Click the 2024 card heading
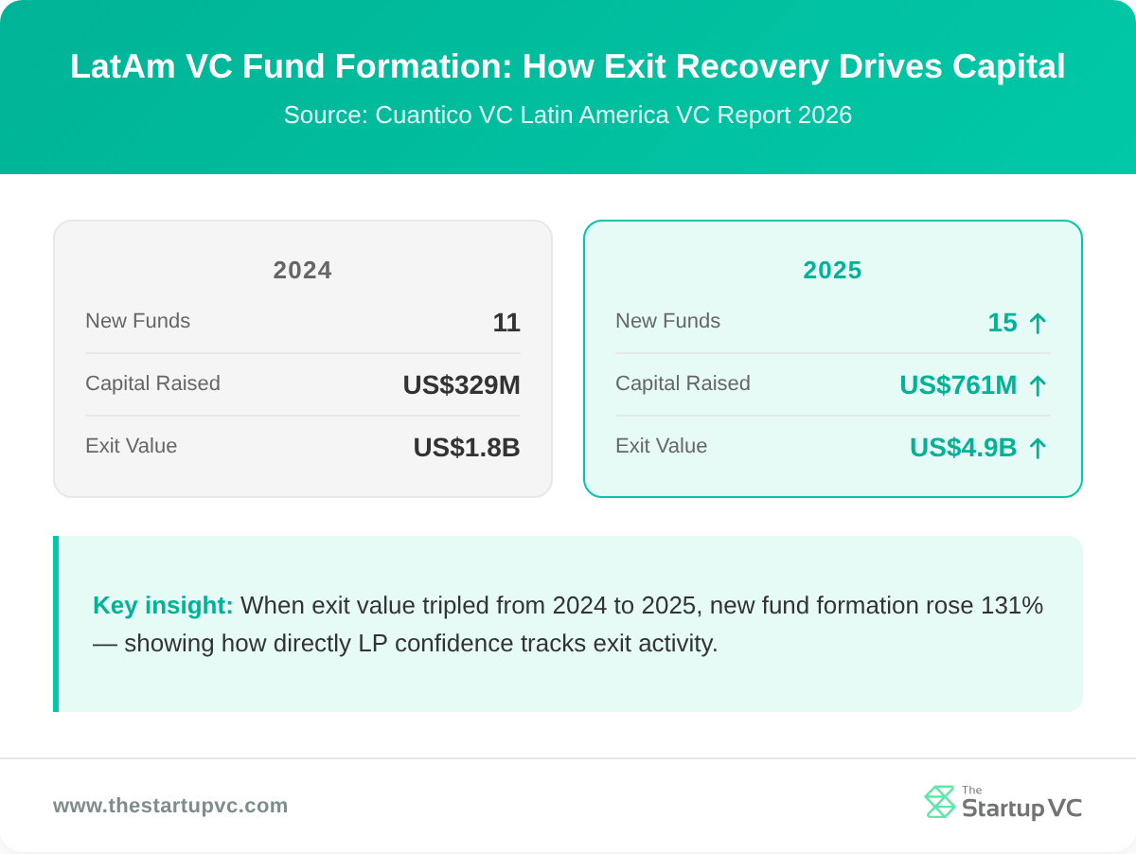click(302, 271)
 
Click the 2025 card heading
click(832, 271)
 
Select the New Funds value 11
click(506, 323)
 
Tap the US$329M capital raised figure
click(461, 385)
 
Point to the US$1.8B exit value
click(467, 448)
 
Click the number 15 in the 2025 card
click(1003, 323)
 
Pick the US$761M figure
click(958, 385)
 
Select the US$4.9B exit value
click(963, 448)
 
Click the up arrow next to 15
click(1038, 324)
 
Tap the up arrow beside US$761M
click(1038, 386)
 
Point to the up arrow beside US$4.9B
click(1038, 449)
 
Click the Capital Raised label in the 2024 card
click(152, 383)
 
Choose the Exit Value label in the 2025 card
click(661, 446)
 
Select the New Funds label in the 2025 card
click(667, 321)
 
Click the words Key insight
click(163, 606)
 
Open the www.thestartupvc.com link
click(170, 806)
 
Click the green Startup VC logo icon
click(939, 802)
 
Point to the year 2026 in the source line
click(825, 116)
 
